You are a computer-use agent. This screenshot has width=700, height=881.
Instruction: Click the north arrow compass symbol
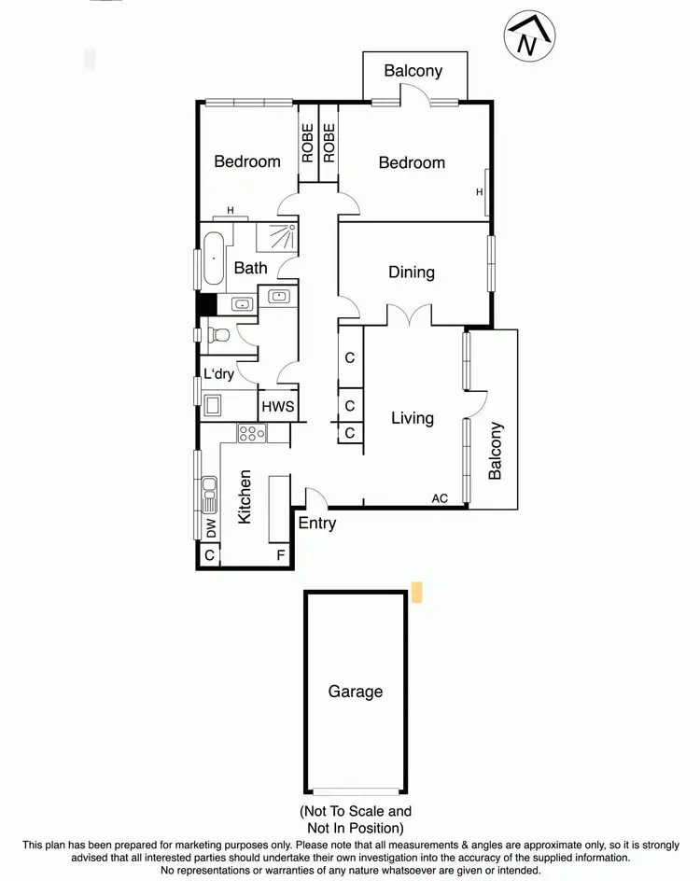527,38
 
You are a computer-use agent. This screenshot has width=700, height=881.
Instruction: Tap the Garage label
355,692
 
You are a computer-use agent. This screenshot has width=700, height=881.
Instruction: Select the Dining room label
412,273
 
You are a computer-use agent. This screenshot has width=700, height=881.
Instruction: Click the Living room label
413,417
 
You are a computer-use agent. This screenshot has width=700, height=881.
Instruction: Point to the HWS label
277,406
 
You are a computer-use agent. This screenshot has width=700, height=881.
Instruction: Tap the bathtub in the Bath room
214,259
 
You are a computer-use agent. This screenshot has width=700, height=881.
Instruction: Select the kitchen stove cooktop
252,433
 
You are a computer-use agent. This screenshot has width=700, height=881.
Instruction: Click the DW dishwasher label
210,528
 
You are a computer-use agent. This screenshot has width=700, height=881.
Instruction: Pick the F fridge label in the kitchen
280,556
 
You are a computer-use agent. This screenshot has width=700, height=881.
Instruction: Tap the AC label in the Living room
440,498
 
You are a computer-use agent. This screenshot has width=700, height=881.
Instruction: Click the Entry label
317,524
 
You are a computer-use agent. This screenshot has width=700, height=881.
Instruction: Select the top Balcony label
413,71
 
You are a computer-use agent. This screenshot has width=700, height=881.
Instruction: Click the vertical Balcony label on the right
495,451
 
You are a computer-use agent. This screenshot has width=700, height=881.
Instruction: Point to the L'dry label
218,374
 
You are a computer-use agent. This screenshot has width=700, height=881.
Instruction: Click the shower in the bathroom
276,237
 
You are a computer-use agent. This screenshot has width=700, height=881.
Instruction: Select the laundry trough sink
214,406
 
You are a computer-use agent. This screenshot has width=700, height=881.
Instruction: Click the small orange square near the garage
417,591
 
